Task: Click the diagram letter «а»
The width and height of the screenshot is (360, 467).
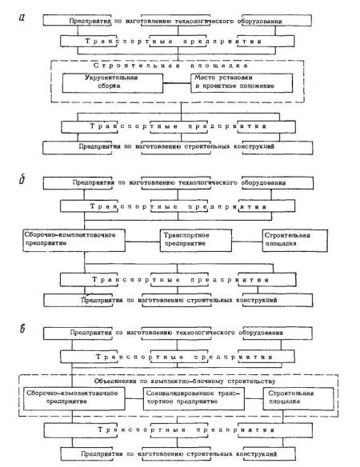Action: pyautogui.click(x=22, y=18)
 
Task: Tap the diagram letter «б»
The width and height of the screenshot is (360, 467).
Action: pyautogui.click(x=22, y=179)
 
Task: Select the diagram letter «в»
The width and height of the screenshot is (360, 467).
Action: pyautogui.click(x=22, y=329)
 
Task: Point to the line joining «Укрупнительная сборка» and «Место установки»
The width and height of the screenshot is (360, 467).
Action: pyautogui.click(x=177, y=83)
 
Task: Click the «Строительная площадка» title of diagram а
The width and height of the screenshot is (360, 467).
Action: pyautogui.click(x=170, y=66)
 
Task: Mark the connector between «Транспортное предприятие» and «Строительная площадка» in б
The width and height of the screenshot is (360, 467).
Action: pyautogui.click(x=247, y=241)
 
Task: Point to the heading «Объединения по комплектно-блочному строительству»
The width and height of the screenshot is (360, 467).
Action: pyautogui.click(x=185, y=381)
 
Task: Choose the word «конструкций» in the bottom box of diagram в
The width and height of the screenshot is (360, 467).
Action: pyautogui.click(x=257, y=454)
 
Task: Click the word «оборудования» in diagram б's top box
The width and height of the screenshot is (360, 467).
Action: pyautogui.click(x=263, y=182)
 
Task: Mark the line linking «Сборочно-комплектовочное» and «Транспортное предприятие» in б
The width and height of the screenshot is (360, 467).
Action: pyautogui.click(x=142, y=241)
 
